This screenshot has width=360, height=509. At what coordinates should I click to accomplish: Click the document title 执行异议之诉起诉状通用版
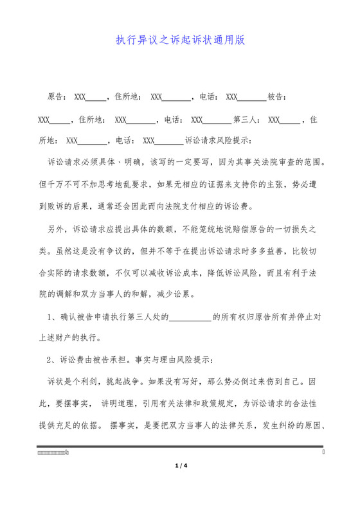pyautogui.click(x=180, y=40)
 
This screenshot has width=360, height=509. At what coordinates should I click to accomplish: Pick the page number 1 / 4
pyautogui.click(x=180, y=465)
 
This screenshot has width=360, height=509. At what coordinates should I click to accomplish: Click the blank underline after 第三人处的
pyautogui.click(x=190, y=316)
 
